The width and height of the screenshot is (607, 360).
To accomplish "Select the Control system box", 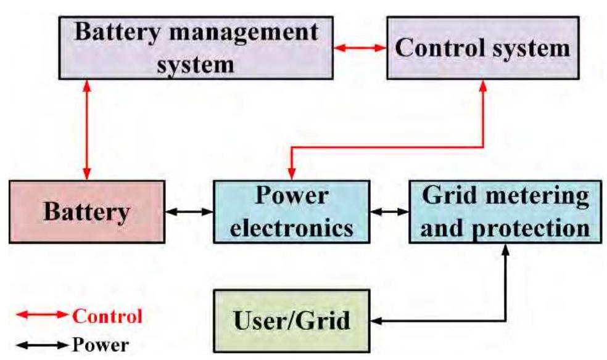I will (483, 47).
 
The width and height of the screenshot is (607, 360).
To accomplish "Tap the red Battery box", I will (87, 211).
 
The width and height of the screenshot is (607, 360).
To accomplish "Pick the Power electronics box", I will (291, 211).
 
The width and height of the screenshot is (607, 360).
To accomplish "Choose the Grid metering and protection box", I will (505, 211).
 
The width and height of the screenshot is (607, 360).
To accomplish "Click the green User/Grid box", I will (291, 321).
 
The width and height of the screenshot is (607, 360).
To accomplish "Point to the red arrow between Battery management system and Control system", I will (360, 47).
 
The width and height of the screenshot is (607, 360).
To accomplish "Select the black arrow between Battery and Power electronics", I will (189, 211).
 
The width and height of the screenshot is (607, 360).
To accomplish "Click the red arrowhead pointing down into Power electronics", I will (291, 174).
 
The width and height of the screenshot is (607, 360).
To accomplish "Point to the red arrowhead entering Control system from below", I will (483, 85).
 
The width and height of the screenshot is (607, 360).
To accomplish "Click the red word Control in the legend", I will (108, 316).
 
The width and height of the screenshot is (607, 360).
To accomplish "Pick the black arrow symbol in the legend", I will (40, 344).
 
